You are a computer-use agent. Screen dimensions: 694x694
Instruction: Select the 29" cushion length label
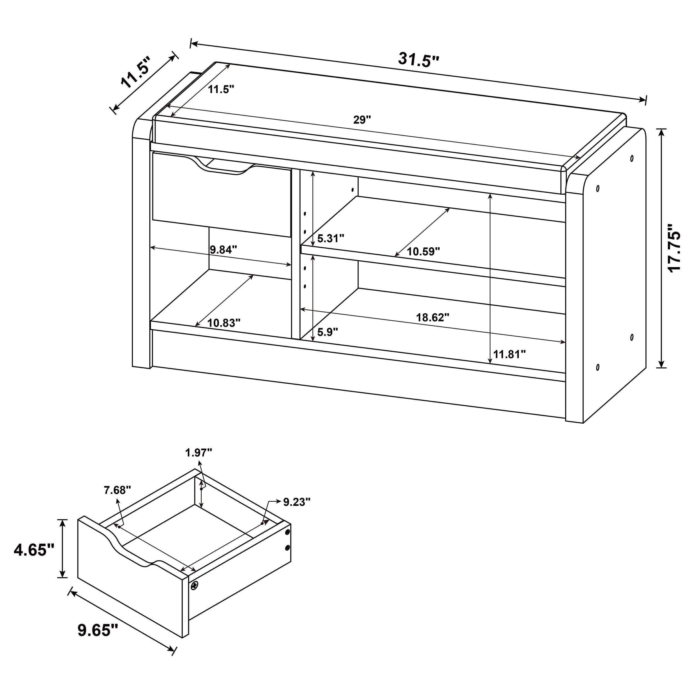pos(362,120)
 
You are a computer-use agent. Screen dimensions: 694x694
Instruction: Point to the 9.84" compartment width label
pos(223,250)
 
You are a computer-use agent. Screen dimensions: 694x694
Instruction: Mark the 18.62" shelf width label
pos(433,318)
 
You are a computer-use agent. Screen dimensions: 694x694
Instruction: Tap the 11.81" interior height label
pos(509,354)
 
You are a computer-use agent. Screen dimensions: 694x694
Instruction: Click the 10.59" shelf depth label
pos(423,252)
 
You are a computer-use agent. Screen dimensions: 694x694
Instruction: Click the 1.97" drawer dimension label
pos(199,452)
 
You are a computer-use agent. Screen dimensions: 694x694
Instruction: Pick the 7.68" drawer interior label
pos(117,490)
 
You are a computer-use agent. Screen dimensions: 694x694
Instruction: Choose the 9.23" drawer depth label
pos(297,502)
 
